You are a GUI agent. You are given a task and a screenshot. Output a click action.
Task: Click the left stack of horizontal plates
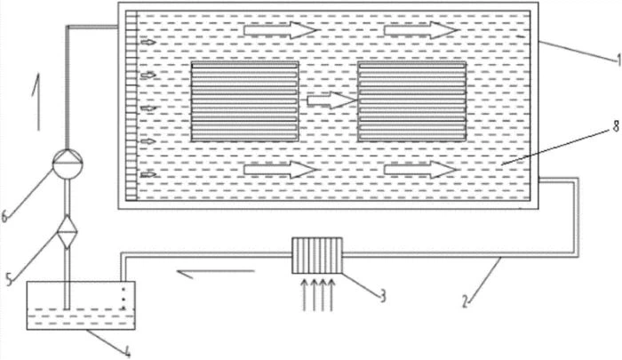pos(244,102)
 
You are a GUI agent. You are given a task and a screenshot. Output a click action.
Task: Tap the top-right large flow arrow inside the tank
pos(421,30)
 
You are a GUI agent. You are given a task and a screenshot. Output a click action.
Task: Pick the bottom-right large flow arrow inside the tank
pos(421,168)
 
